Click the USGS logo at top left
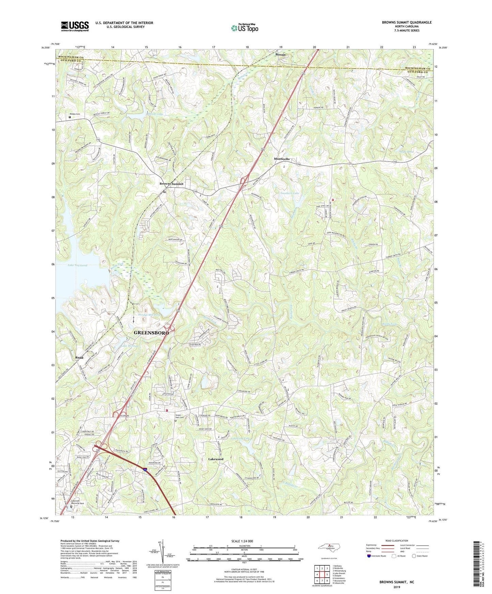point(75,26)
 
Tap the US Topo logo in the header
point(244,28)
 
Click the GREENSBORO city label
point(151,333)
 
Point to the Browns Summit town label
point(171,184)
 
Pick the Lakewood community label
point(216,459)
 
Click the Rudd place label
point(79,358)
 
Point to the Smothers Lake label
point(290,193)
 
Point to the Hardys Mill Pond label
point(149,315)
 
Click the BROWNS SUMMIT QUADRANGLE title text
point(407,22)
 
